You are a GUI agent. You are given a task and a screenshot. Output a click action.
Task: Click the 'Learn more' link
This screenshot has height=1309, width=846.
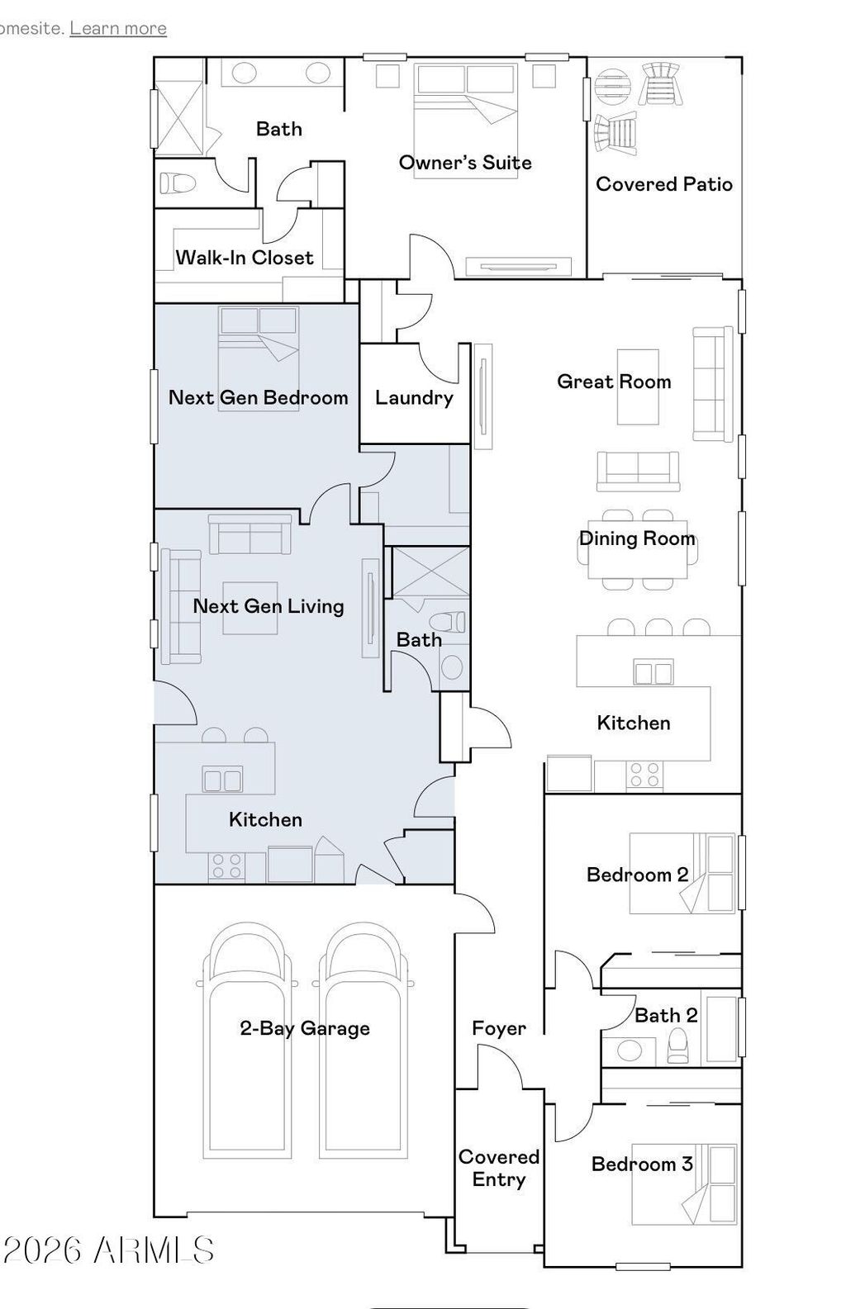click(x=118, y=28)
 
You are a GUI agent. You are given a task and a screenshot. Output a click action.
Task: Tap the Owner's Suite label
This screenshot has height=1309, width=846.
click(x=465, y=163)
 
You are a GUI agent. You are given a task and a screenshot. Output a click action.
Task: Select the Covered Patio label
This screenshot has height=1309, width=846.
click(x=664, y=184)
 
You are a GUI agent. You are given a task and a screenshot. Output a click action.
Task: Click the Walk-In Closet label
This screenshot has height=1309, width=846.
click(x=245, y=258)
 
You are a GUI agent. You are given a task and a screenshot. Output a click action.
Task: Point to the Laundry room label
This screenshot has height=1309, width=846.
click(x=414, y=398)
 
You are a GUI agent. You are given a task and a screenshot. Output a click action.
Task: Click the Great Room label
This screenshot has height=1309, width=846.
click(x=614, y=382)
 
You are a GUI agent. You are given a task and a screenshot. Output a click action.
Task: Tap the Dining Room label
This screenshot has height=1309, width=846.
click(x=637, y=538)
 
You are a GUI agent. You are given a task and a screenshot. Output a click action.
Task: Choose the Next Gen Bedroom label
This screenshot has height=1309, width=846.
click(x=259, y=397)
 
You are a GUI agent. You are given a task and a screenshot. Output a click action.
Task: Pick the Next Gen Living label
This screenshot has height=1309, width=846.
click(x=269, y=606)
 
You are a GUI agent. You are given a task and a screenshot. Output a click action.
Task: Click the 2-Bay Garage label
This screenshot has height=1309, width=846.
click(x=305, y=1028)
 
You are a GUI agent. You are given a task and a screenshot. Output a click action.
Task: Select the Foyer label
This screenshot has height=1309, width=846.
click(x=499, y=1028)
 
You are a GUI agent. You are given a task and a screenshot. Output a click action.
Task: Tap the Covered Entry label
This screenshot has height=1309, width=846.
click(x=499, y=1168)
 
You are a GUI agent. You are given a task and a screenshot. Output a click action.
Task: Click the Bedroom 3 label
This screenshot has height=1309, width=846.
click(x=642, y=1164)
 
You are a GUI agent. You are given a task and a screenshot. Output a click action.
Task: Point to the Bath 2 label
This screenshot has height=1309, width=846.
click(x=666, y=1016)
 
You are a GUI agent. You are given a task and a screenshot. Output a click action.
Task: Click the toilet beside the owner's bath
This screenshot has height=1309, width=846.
click(x=177, y=183)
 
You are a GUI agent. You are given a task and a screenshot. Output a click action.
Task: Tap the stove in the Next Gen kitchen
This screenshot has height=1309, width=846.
click(x=227, y=866)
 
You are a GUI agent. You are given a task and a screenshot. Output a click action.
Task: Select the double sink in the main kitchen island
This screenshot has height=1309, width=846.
click(x=653, y=672)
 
